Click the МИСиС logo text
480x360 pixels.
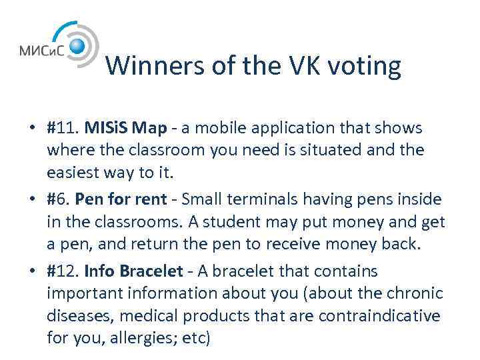[42, 50]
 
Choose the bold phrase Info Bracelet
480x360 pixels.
[130, 271]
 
